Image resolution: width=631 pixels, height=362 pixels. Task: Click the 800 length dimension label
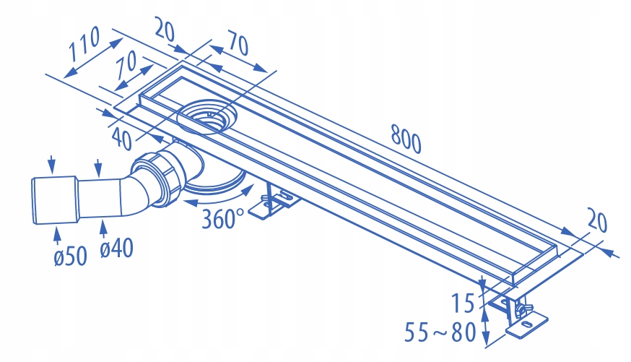(405, 137)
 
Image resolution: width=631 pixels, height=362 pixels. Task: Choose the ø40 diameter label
(116, 249)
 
